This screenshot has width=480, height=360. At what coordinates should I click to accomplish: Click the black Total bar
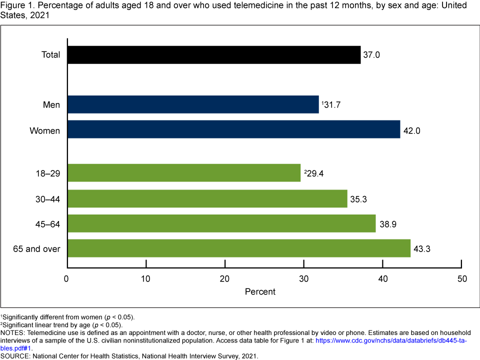click(x=213, y=55)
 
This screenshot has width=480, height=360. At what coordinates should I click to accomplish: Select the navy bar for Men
click(x=192, y=104)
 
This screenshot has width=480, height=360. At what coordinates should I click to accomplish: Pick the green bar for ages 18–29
click(x=183, y=173)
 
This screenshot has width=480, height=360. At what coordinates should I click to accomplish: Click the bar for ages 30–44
click(x=207, y=198)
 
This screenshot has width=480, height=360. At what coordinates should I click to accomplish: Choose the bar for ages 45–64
click(x=221, y=223)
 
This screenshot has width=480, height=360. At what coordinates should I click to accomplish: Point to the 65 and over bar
click(x=238, y=248)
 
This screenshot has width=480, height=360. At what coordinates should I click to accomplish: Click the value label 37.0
click(x=372, y=55)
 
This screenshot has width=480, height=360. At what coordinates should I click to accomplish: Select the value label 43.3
click(x=422, y=248)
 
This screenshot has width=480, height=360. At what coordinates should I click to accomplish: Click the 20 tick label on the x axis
click(x=225, y=278)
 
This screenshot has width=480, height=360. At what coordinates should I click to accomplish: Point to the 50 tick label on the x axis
click(x=462, y=278)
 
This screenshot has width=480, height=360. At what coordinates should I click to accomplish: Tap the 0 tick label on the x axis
click(x=67, y=278)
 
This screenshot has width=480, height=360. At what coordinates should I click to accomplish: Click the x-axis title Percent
click(x=260, y=291)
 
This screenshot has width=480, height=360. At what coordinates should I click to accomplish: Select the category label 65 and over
click(x=37, y=248)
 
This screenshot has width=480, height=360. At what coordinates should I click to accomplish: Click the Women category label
click(x=45, y=131)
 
